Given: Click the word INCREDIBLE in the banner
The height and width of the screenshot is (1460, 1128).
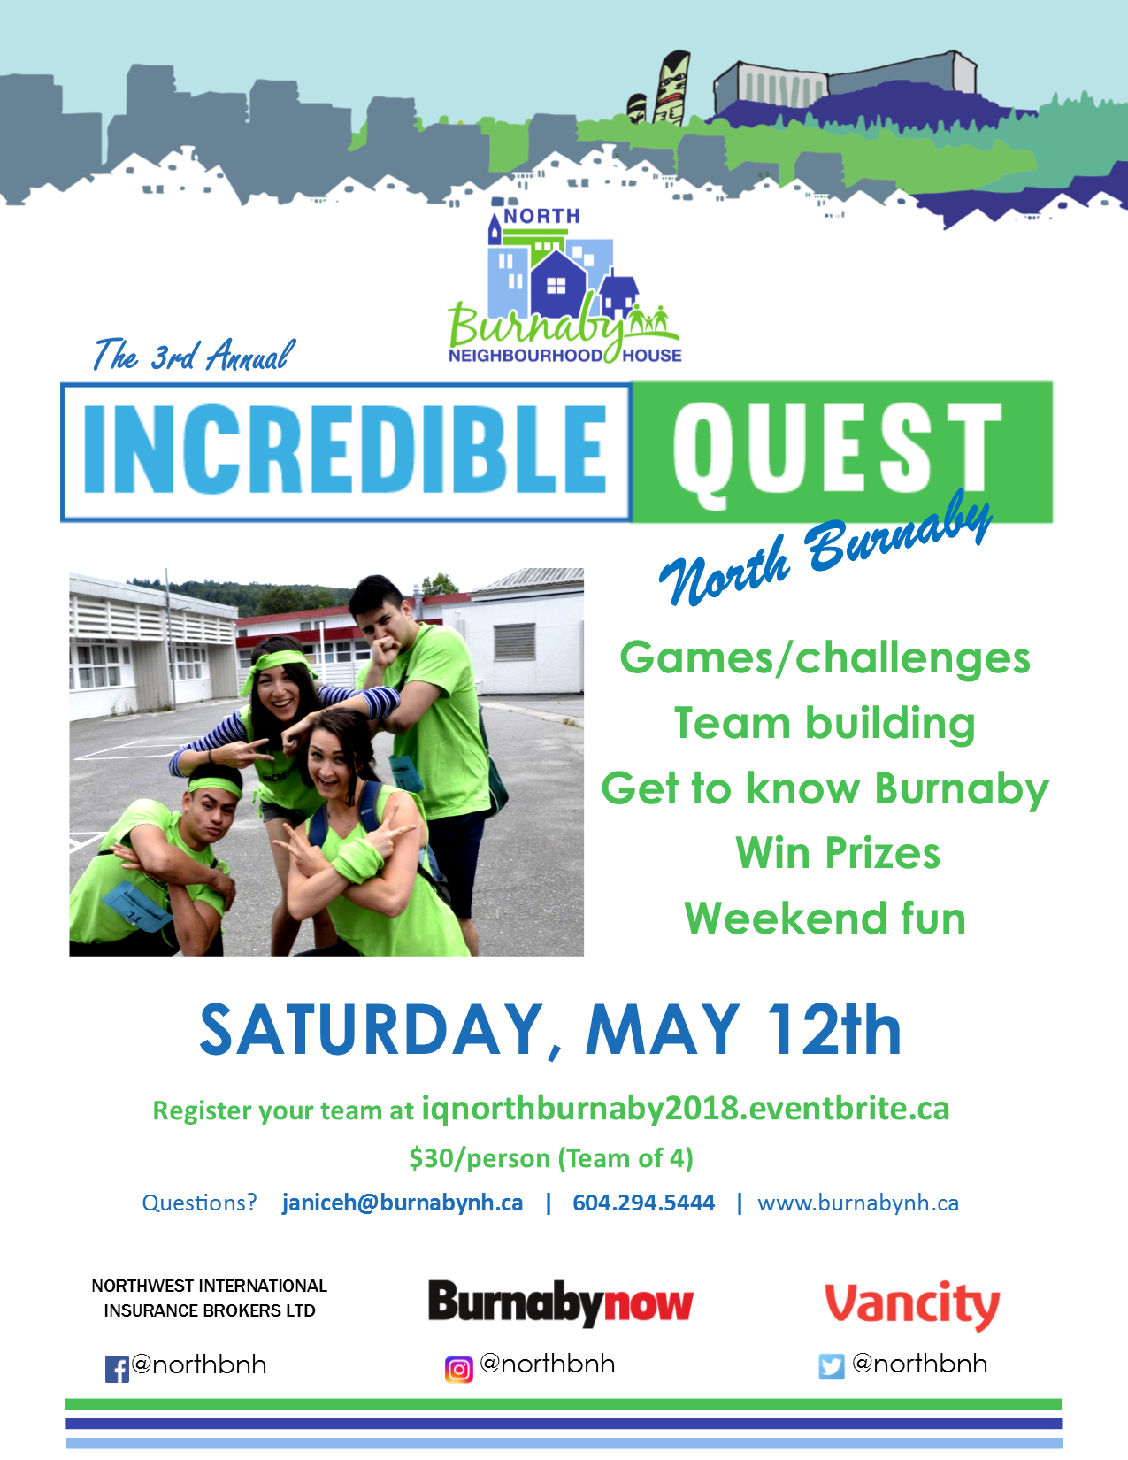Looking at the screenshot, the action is [345, 449].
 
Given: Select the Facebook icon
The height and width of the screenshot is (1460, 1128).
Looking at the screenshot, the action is [117, 1369].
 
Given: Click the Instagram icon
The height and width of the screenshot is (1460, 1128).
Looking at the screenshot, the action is [459, 1369].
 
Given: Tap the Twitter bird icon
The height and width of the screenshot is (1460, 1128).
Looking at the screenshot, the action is [831, 1366].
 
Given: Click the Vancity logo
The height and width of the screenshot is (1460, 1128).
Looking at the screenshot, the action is [912, 1305].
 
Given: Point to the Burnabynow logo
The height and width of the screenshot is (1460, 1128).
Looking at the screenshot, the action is [560, 1303].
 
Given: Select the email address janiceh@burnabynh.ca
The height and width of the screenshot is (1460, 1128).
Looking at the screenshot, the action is [403, 1202].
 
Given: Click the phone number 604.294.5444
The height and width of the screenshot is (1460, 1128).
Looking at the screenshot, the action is [643, 1202].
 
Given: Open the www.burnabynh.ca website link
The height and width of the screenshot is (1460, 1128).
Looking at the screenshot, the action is [858, 1203].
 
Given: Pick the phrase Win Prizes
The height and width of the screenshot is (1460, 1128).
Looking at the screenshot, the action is [838, 853].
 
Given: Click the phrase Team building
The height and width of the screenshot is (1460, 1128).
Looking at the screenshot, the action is [825, 723].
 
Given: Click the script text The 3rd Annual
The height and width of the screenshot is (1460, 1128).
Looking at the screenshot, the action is [194, 354].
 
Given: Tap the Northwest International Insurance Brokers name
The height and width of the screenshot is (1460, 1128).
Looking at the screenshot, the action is [210, 1298].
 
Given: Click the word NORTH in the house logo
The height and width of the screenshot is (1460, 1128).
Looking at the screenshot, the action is [541, 216].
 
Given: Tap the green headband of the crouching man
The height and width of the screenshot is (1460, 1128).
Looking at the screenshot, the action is [214, 787].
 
